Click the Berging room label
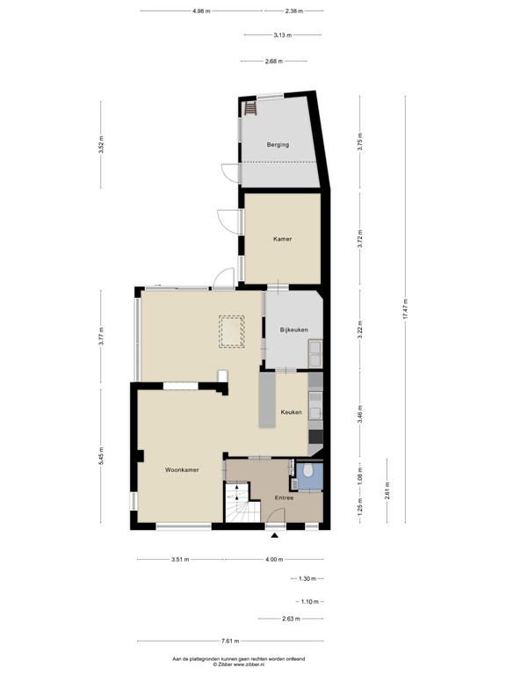click(278, 144)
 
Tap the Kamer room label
click(282, 238)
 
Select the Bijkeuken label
click(293, 330)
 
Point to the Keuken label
click(292, 411)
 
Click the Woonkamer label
click(182, 470)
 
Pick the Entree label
click(284, 498)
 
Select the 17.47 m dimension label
click(406, 310)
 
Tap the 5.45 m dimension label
click(101, 457)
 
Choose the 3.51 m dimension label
click(180, 560)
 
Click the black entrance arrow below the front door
click(275, 535)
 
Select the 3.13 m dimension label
click(282, 35)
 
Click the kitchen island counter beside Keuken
click(267, 400)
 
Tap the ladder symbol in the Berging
click(249, 108)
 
